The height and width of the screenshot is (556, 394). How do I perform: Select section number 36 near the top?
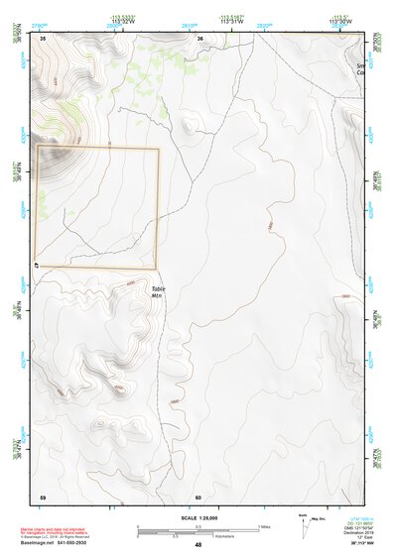point(200,38)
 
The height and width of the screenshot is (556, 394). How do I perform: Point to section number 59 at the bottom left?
point(43,497)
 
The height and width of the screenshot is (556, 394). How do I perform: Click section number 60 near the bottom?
point(198,497)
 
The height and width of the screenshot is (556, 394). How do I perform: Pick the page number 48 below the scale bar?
point(197,545)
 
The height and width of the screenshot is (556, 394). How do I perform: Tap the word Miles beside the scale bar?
point(266,526)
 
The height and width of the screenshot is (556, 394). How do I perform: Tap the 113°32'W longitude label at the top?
point(122,21)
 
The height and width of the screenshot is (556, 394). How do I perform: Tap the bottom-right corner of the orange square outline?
point(158,268)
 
